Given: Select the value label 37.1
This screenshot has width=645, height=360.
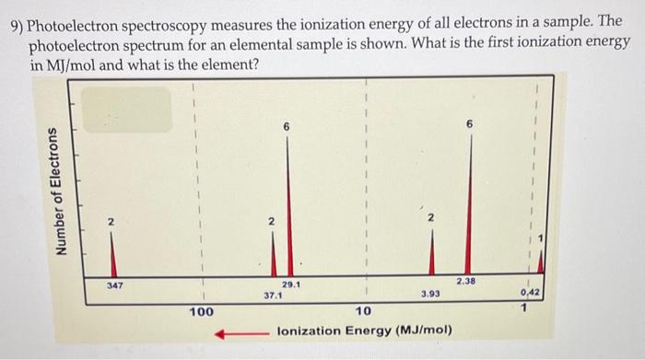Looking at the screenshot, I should click(x=274, y=296).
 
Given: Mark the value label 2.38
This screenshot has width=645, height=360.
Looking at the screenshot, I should click(x=465, y=279).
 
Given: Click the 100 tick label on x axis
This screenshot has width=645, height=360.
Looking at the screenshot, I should click(x=202, y=312).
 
